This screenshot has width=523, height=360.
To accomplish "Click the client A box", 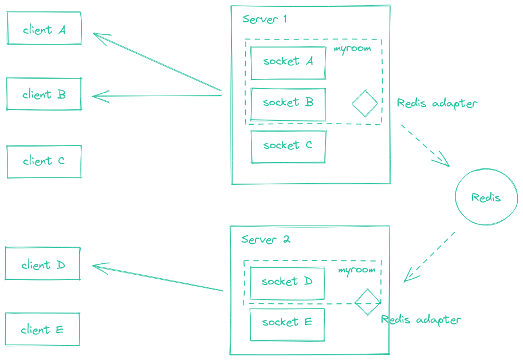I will point(44,29).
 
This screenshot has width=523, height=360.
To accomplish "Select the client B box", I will point(44,94).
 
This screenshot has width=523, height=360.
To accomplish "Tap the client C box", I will point(44,161).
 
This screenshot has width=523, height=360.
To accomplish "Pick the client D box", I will point(43,264).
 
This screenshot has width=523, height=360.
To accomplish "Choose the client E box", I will point(42,330).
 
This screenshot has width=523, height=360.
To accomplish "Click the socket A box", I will point(288,62).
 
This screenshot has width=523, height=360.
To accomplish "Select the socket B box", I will point(288,104).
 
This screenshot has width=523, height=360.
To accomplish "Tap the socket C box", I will point(288,147).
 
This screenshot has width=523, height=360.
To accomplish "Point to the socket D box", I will point(287,282).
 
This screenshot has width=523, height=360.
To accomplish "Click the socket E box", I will point(287,324).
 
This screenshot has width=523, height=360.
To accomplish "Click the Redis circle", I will point(486,197).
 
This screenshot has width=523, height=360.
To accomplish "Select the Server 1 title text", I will point(264,19).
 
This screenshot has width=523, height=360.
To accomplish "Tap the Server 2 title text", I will point(265,239).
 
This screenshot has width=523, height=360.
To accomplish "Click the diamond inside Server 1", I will point(365,104).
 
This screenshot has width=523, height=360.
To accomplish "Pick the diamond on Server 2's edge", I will point(367,302).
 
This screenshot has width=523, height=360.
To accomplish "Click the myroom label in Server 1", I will point(352,49).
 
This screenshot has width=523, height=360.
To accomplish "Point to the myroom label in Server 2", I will point(356,270).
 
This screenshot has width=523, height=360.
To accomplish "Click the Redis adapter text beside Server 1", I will point(437,104).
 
